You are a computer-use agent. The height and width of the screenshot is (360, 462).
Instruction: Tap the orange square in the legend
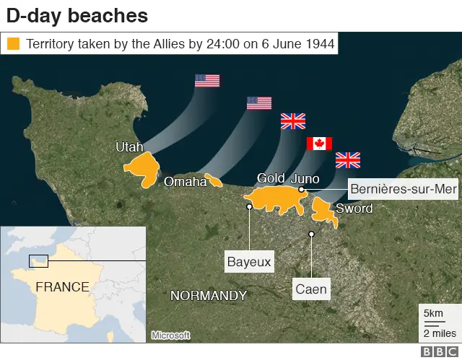(x=14, y=44)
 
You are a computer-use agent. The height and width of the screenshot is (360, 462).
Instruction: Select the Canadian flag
(x=319, y=143)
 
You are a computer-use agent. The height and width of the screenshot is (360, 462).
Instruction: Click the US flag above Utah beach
(x=207, y=80)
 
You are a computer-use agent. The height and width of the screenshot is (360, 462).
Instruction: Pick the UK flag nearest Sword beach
(x=348, y=159)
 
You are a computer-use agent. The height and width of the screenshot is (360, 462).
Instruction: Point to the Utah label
(x=129, y=147)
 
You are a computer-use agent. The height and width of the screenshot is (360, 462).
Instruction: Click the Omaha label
(x=186, y=181)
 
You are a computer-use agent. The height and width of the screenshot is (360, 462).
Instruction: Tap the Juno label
(x=304, y=178)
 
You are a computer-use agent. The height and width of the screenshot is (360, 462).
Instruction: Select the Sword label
(x=354, y=208)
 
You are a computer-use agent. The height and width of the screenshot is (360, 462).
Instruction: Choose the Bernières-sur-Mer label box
(x=403, y=189)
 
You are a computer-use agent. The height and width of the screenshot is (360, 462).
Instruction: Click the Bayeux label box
(x=249, y=261)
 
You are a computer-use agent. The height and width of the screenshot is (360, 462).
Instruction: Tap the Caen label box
(x=311, y=290)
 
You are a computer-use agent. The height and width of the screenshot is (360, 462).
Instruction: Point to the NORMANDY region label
(x=208, y=296)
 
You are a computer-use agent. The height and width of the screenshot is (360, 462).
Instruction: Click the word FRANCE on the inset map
(x=62, y=287)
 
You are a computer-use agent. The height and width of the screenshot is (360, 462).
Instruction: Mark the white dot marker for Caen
(x=312, y=234)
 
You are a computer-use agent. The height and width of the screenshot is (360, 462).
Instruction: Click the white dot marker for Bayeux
(x=249, y=206)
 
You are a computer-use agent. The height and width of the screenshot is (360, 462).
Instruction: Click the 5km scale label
(x=433, y=314)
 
